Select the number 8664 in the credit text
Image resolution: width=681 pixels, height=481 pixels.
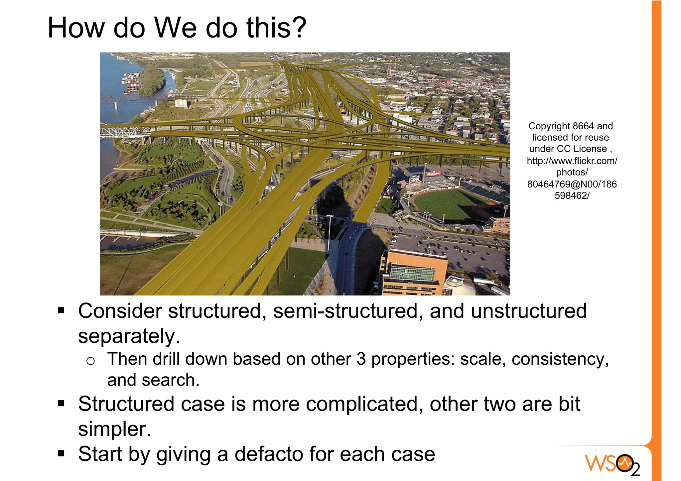click(583, 126)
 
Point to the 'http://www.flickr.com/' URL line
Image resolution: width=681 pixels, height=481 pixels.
click(572, 161)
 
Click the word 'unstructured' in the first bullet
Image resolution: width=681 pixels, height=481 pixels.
click(529, 311)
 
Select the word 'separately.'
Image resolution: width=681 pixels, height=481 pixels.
click(129, 336)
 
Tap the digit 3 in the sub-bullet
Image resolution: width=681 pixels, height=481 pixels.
click(361, 359)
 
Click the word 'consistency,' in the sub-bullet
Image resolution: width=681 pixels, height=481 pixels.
click(560, 359)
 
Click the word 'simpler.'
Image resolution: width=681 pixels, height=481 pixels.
click(114, 429)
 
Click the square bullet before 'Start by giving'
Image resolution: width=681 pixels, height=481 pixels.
click(61, 453)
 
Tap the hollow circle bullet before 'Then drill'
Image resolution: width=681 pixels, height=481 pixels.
click(90, 361)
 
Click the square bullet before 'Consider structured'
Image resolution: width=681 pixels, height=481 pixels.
click(61, 311)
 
